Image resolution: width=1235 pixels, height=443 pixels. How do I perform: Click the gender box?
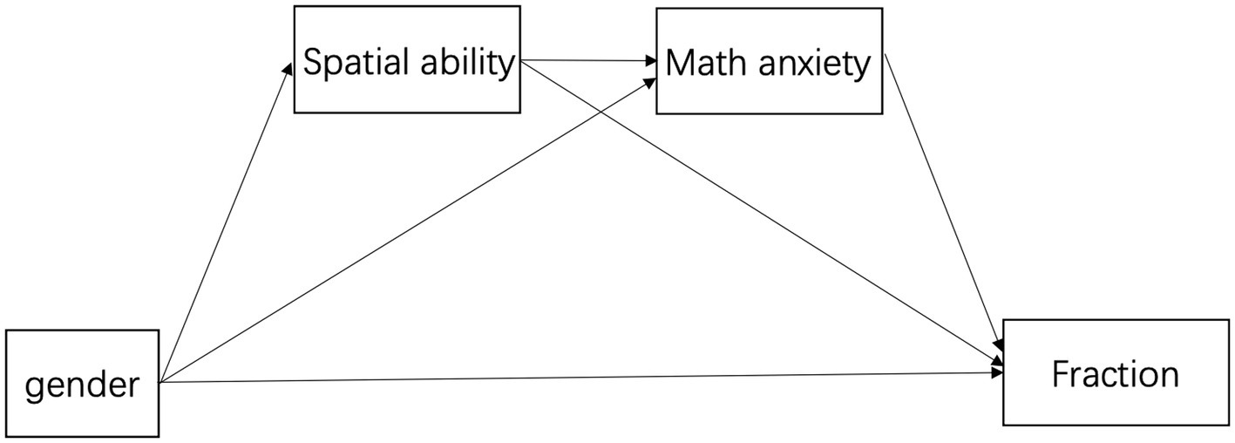click(82, 383)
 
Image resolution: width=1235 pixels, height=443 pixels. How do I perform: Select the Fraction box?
click(1115, 372)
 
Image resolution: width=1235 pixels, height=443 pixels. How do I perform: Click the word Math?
click(698, 63)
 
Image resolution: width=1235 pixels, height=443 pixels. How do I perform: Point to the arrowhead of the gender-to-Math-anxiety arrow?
click(650, 80)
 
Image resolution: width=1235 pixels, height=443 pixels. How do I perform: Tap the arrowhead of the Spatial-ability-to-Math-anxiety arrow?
click(650, 62)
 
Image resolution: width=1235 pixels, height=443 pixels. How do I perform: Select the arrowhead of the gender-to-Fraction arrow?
click(997, 373)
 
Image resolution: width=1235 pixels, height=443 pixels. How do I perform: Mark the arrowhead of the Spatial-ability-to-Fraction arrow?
click(996, 358)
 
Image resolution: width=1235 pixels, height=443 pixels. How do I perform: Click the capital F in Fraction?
click(1061, 374)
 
